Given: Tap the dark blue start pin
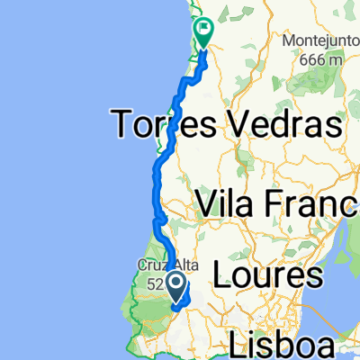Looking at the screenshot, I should [178, 287].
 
